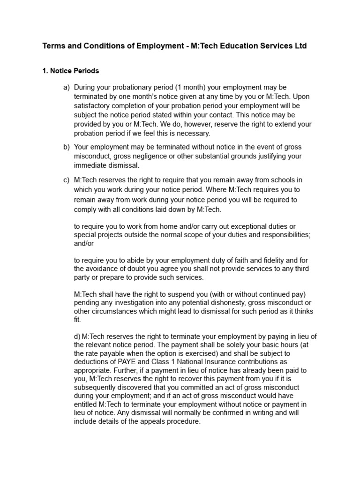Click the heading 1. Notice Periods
[x=71, y=71]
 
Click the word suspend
[x=181, y=294]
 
